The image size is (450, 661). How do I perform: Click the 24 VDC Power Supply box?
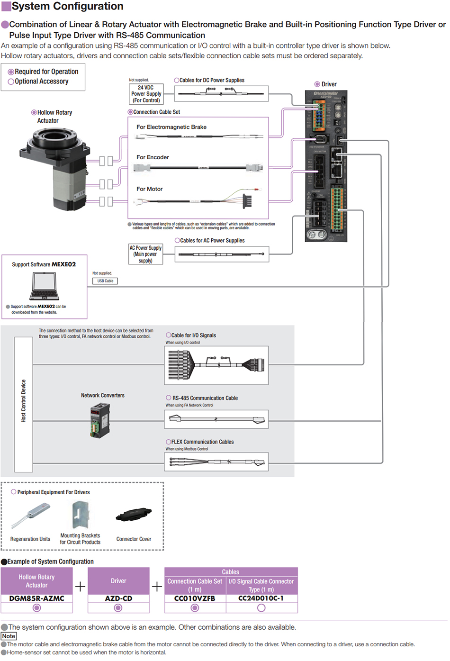pos(146,94)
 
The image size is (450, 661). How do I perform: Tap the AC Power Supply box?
pos(145,254)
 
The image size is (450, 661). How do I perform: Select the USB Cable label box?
pos(105,281)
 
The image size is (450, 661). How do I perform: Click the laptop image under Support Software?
pos(44,287)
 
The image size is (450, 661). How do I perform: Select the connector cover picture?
pos(134,515)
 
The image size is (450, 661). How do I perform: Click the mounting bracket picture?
pos(80,515)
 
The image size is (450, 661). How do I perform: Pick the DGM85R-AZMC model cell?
pos(37,598)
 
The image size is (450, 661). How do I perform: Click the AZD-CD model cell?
pos(118,598)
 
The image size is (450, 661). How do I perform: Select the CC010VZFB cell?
pos(195,598)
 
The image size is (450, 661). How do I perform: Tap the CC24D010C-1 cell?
pos(261,598)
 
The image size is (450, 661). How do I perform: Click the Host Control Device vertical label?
pos(24,401)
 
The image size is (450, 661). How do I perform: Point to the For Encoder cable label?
pos(153,157)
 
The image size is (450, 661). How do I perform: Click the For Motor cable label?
pos(149,189)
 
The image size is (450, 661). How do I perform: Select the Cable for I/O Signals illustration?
pos(216,365)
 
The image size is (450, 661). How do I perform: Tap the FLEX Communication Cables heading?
pos(202,442)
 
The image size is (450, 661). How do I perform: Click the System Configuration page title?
pos(67,6)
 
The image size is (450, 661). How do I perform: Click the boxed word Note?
pos(9,636)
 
